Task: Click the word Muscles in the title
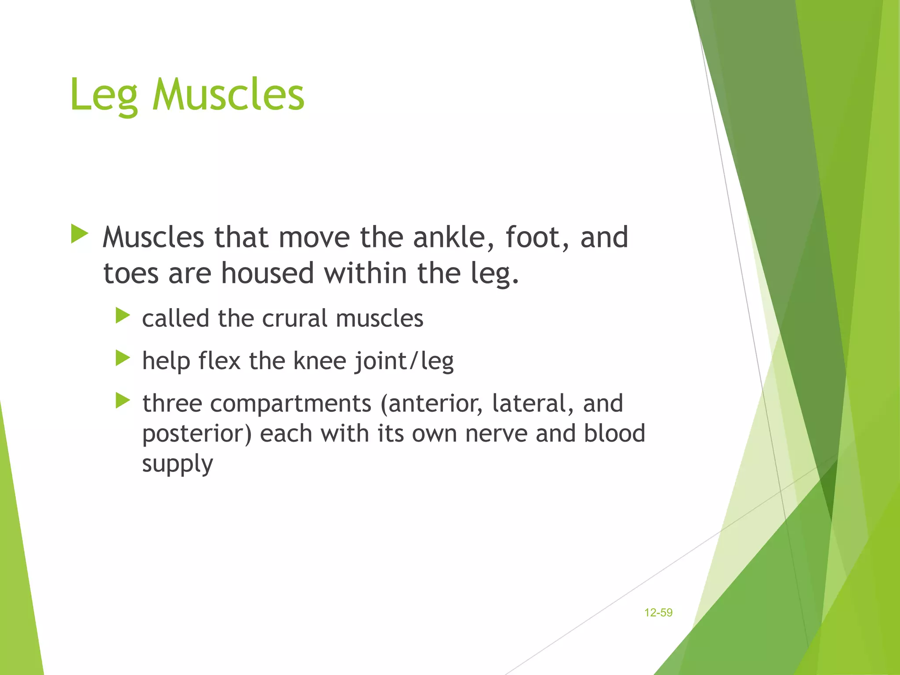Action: pyautogui.click(x=228, y=94)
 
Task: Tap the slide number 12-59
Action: pyautogui.click(x=658, y=613)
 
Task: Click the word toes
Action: pyautogui.click(x=131, y=273)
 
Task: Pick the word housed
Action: pyautogui.click(x=267, y=273)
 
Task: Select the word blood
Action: pyautogui.click(x=614, y=433)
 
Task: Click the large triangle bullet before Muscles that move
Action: pyautogui.click(x=80, y=234)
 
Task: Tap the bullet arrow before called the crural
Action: pyautogui.click(x=123, y=316)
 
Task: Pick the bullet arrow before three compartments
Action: pyautogui.click(x=123, y=400)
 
